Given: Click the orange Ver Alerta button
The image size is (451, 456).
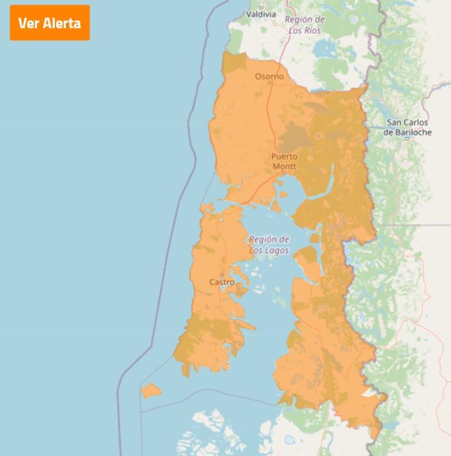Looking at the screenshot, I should [50, 23].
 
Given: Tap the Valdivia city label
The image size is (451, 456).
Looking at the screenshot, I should [261, 14].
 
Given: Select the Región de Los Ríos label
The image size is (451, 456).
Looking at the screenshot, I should [304, 25].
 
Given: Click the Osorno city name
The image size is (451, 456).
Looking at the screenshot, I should [269, 76].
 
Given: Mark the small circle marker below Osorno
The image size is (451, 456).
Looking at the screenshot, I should [269, 83].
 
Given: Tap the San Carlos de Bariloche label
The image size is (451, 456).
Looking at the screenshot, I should [407, 127].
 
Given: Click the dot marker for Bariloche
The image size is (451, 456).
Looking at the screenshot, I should [407, 138].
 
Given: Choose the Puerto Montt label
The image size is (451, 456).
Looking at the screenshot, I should [284, 161].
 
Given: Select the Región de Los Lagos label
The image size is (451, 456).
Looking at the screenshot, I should [269, 244].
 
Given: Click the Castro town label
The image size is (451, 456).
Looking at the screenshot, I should [222, 281].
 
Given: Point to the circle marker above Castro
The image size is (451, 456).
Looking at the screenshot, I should [222, 275].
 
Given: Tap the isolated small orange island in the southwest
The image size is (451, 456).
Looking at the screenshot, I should [151, 390].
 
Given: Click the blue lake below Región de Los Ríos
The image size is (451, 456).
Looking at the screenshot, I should [324, 50].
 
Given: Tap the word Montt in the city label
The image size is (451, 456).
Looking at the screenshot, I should [284, 167].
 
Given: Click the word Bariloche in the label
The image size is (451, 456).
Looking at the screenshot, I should [407, 132].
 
